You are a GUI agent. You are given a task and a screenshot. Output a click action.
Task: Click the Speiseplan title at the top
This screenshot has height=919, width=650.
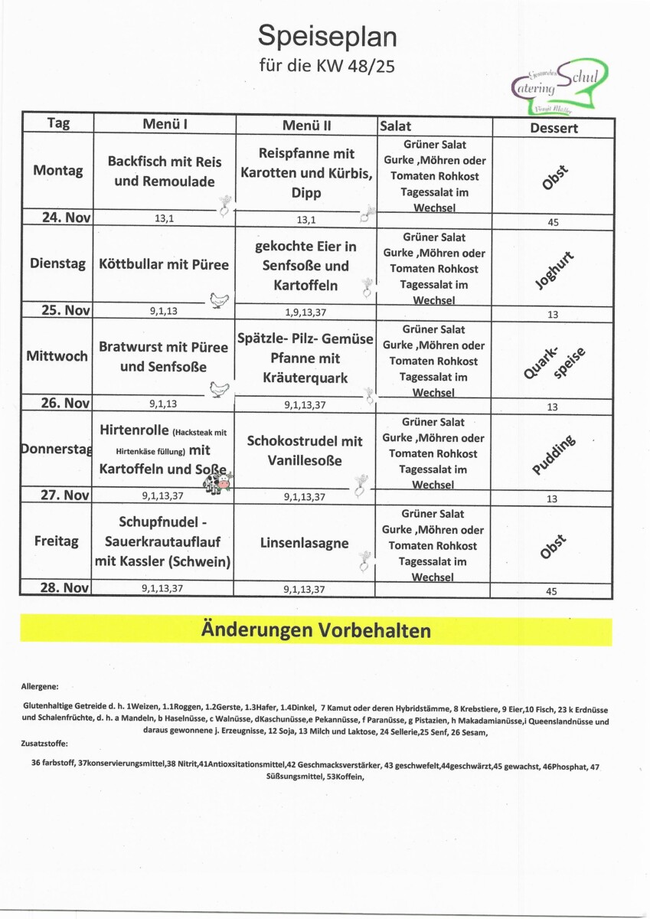(x=327, y=35)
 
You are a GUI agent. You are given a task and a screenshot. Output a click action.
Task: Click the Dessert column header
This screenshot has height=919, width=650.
(x=554, y=128)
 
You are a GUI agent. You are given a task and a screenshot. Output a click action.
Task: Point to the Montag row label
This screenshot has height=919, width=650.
(x=58, y=171)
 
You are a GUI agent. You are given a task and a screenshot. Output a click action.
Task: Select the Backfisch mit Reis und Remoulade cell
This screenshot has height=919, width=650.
(x=164, y=172)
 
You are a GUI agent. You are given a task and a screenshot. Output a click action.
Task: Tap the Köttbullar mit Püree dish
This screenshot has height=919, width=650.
(x=164, y=265)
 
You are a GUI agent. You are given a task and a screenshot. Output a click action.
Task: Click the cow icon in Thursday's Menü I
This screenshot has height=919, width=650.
(x=217, y=483)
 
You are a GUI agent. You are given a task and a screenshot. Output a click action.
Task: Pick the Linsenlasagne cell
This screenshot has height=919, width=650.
(x=305, y=543)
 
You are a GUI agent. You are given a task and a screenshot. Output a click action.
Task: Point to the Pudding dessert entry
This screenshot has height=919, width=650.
(x=555, y=455)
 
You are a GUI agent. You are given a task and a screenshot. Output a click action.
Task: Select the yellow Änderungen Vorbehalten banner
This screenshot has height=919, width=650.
(x=315, y=630)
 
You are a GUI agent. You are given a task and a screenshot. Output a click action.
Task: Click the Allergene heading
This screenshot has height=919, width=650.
(x=40, y=688)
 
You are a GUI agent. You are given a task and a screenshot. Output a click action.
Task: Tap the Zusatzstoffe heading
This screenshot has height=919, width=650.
(x=45, y=743)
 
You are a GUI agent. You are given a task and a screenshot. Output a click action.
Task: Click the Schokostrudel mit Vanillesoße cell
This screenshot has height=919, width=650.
(x=305, y=451)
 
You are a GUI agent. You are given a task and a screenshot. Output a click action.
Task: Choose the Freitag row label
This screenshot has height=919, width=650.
(x=56, y=541)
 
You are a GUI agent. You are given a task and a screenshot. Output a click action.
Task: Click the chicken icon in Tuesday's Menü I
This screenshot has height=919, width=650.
(x=220, y=299)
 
